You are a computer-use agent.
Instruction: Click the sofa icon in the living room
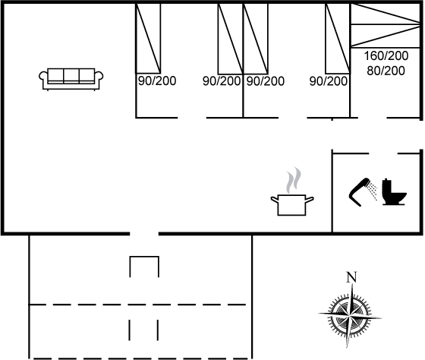coord(71,79)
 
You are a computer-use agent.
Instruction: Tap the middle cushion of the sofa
coord(71,75)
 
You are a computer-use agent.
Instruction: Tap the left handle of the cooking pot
coord(274,200)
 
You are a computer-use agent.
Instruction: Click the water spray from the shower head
coord(373,191)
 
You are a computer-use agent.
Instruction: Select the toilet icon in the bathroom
coord(394,191)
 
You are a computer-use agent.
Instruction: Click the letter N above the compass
coord(351,277)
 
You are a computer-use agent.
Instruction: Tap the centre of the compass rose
coord(350,316)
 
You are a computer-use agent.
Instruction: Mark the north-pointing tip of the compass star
coord(352,284)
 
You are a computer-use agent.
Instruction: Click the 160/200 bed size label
coord(386,56)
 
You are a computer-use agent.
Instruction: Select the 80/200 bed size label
coord(386,71)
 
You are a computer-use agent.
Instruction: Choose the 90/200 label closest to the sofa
coord(157,81)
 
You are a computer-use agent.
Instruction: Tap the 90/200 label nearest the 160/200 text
coord(329,81)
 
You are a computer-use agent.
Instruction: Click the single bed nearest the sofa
coord(148,38)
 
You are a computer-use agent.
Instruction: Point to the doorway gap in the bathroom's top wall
coord(383,153)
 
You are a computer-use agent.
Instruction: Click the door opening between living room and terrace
coord(144,234)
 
